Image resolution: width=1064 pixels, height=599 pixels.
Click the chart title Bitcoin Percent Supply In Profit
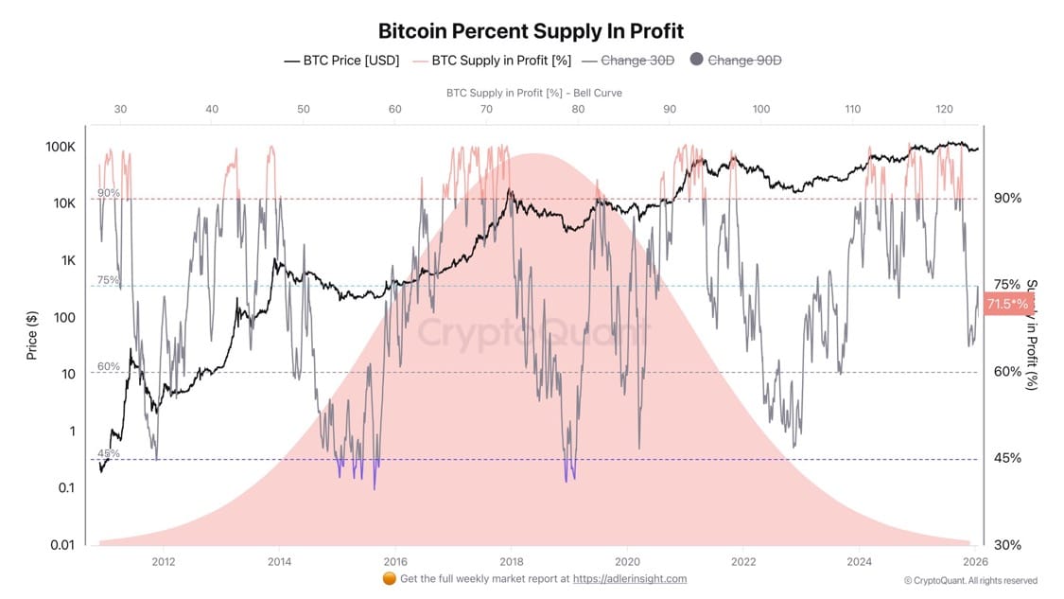pyautogui.click(x=531, y=31)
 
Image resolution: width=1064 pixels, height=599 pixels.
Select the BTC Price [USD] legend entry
pyautogui.click(x=341, y=61)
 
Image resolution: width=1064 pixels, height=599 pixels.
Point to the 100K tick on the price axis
pyautogui.click(x=60, y=147)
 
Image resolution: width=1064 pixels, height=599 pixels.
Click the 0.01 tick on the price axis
pyautogui.click(x=61, y=544)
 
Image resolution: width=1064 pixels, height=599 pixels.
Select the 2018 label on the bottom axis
pyautogui.click(x=512, y=561)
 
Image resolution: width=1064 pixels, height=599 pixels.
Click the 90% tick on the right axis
pyautogui.click(x=1007, y=198)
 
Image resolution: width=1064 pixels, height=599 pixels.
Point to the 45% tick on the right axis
pyautogui.click(x=1007, y=458)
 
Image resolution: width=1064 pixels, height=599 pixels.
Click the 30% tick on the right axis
pyautogui.click(x=1007, y=544)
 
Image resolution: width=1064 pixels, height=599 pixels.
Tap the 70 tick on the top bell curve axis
pyautogui.click(x=486, y=110)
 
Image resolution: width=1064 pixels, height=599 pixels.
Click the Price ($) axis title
pyautogui.click(x=32, y=336)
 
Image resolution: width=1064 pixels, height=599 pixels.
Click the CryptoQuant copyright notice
pyautogui.click(x=969, y=580)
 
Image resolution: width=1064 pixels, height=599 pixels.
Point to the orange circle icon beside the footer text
pyautogui.click(x=389, y=579)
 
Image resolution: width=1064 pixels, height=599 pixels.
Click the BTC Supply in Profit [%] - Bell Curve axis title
pyautogui.click(x=533, y=93)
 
